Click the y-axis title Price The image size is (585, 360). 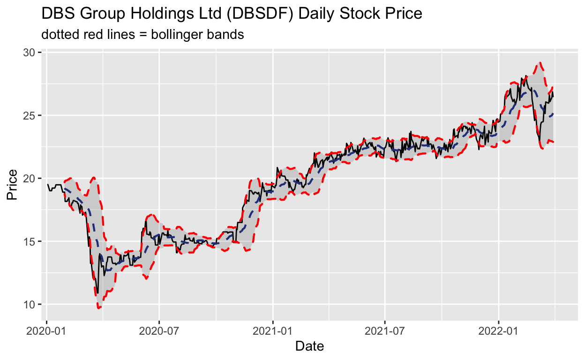pyautogui.click(x=13, y=185)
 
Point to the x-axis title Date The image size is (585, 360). pyautogui.click(x=309, y=346)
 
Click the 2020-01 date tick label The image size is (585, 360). pyautogui.click(x=47, y=330)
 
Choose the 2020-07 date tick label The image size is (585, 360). pyautogui.click(x=159, y=330)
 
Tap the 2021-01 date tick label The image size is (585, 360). pyautogui.click(x=273, y=330)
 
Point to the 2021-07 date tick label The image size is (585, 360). pyautogui.click(x=385, y=330)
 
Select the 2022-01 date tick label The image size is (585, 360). pyautogui.click(x=498, y=330)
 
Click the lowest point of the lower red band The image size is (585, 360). pyautogui.click(x=99, y=308)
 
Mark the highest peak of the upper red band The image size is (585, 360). pyautogui.click(x=540, y=62)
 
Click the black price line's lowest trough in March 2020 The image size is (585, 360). pyautogui.click(x=97, y=292)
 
